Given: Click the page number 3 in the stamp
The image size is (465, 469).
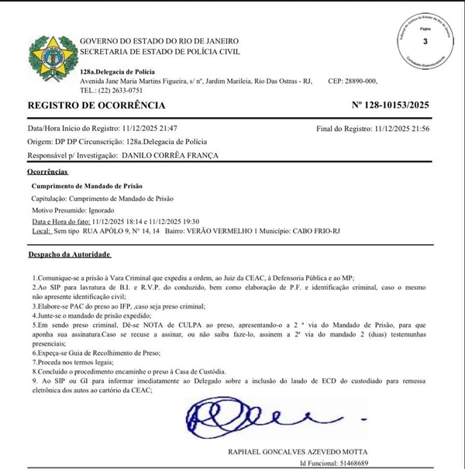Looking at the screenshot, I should pyautogui.click(x=424, y=42).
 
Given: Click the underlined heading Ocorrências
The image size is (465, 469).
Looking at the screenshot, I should pyautogui.click(x=49, y=171).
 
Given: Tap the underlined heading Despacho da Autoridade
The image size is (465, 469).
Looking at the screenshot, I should pyautogui.click(x=71, y=254).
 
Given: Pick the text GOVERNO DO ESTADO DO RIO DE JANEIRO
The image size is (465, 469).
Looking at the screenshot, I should pyautogui.click(x=160, y=41).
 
